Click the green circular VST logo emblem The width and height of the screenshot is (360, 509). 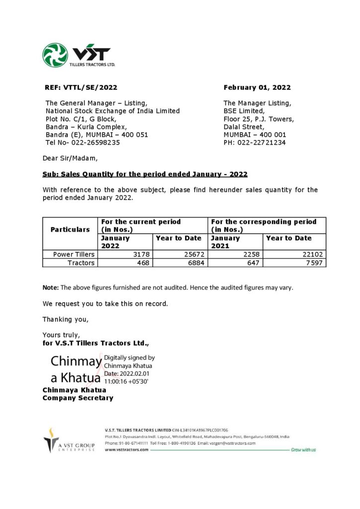pyautogui.click(x=55, y=55)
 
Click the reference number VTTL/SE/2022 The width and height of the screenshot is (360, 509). pyautogui.click(x=90, y=87)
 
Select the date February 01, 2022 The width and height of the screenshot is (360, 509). pyautogui.click(x=257, y=87)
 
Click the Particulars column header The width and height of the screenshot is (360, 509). pyautogui.click(x=70, y=230)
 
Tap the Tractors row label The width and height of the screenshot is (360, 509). pyautogui.click(x=81, y=263)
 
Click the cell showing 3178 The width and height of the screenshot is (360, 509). pyautogui.click(x=142, y=254)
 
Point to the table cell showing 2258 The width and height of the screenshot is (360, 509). pyautogui.click(x=251, y=254)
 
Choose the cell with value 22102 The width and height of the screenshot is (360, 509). pyautogui.click(x=314, y=254)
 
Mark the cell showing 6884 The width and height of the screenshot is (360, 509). pyautogui.click(x=196, y=263)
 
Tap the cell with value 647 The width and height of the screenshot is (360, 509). pyautogui.click(x=254, y=263)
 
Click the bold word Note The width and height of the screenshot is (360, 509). pyautogui.click(x=51, y=288)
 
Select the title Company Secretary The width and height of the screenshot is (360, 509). pyautogui.click(x=78, y=398)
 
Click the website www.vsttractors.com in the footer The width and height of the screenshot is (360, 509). pyautogui.click(x=127, y=449)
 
